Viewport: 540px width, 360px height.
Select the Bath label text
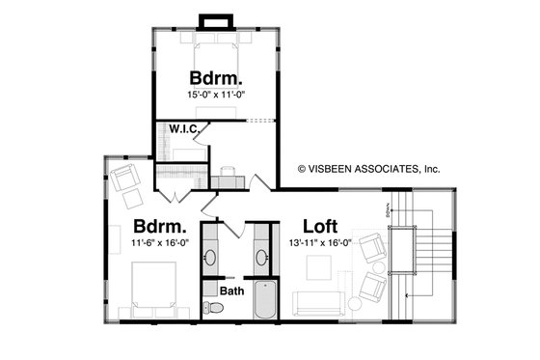coord(231,290)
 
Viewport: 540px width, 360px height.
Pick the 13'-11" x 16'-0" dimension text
coord(318,243)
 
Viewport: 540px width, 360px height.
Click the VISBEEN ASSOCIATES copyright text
coord(367,168)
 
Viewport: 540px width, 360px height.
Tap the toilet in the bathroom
coord(215,308)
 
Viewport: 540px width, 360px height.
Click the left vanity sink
coord(211,257)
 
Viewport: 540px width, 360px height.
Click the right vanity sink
coord(261,257)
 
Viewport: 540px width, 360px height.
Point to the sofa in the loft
coord(319,303)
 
